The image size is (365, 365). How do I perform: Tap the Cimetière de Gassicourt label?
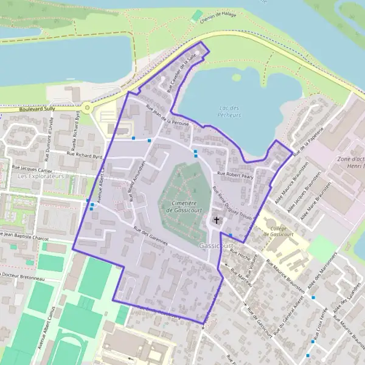(x=180, y=205)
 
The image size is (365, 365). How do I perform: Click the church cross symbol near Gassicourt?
(x=216, y=219)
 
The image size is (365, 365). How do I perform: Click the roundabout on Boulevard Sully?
(x=88, y=108)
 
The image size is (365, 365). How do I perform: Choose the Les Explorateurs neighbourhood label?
(x=41, y=176)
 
